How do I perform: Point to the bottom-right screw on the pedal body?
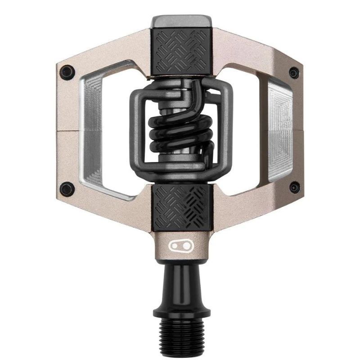click(x=294, y=187)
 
